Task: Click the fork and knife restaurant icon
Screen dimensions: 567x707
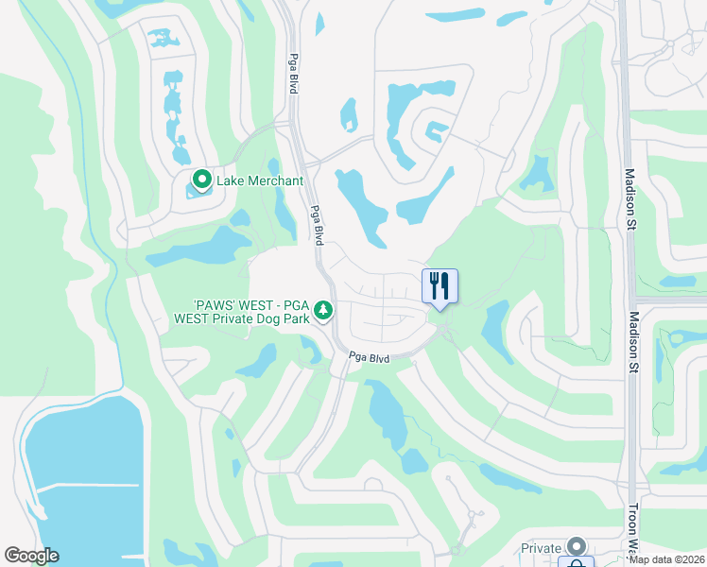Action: [440, 285]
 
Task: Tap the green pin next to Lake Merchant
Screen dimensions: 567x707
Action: [201, 179]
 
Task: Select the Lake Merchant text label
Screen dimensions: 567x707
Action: [260, 180]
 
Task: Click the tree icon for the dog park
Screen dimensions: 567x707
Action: [324, 310]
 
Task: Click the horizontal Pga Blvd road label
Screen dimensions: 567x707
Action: [369, 358]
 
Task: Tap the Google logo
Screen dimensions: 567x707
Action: [31, 556]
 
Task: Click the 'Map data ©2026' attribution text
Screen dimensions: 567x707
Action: [666, 560]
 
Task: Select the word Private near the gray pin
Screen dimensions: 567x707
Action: [542, 548]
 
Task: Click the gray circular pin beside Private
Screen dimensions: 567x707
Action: [576, 547]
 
